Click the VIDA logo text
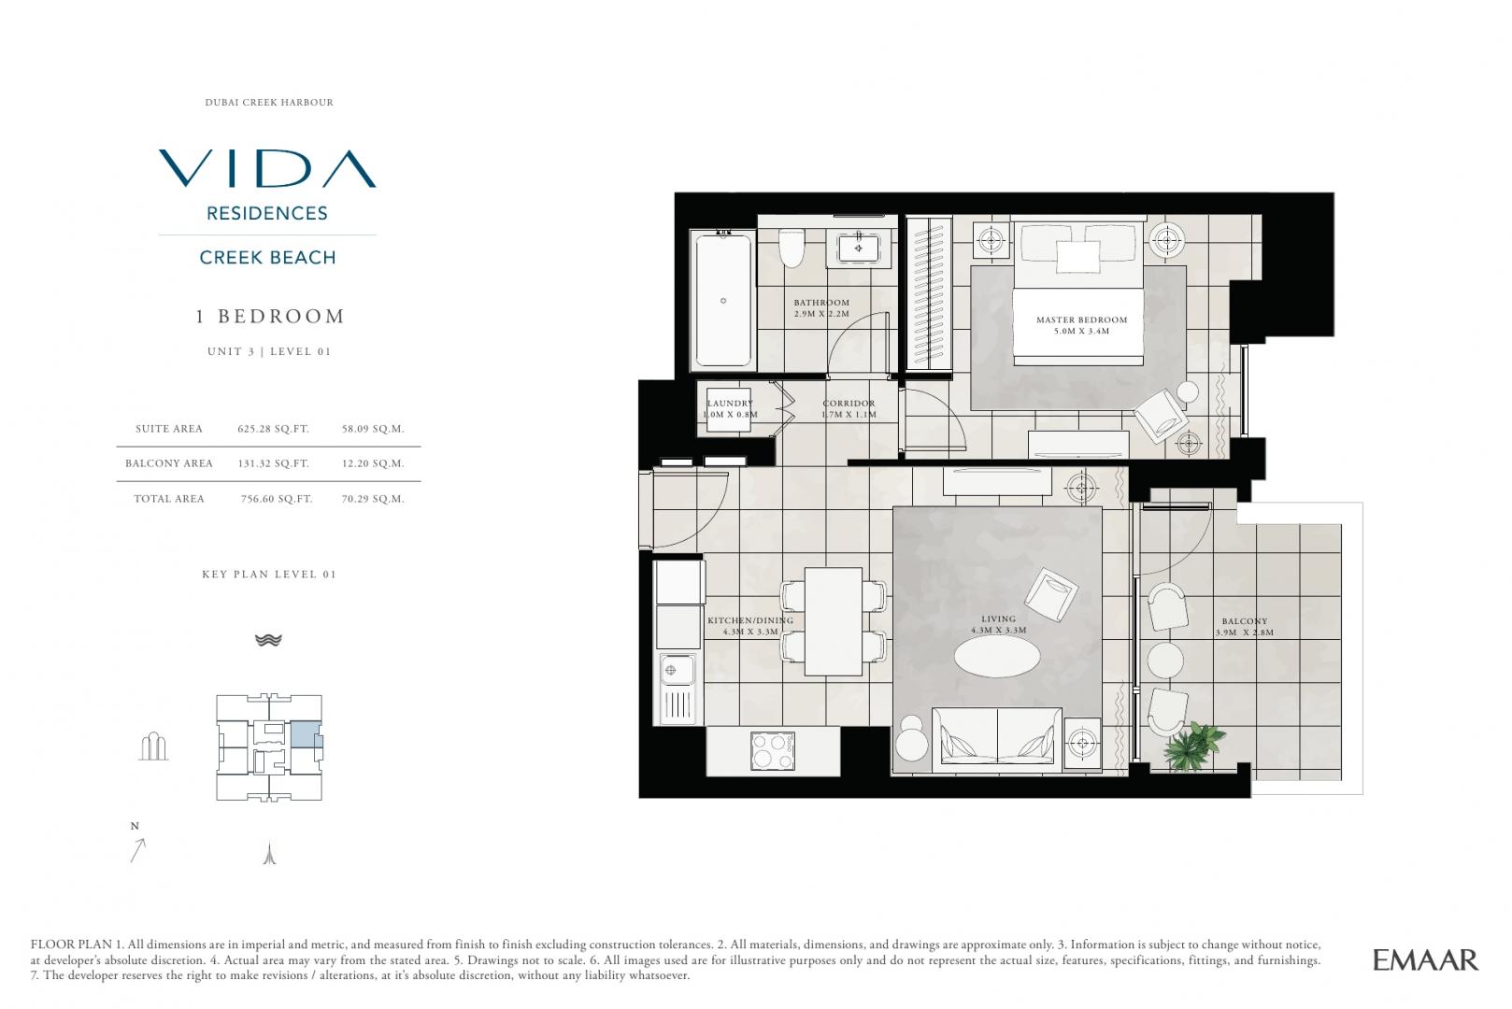[267, 168]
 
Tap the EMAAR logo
[1426, 959]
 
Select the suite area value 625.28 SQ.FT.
[274, 429]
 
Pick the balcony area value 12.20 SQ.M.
[373, 463]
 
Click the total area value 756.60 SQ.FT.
[277, 499]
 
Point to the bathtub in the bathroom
[723, 300]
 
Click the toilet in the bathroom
[792, 249]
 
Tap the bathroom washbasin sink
[858, 249]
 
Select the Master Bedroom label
[1082, 325]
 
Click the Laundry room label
[731, 408]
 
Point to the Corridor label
[849, 408]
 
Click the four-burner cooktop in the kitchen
[772, 750]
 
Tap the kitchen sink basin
[677, 670]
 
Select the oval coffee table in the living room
[997, 655]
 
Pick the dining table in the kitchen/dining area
[834, 621]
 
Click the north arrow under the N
[137, 850]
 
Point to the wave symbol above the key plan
[268, 640]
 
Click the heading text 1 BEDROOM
[270, 317]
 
